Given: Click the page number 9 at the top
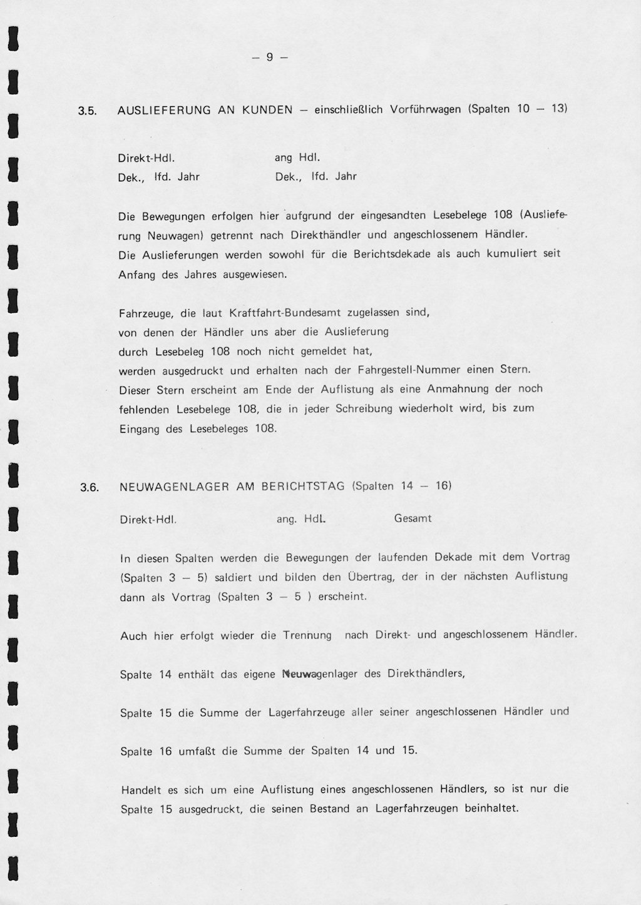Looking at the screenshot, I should click(x=270, y=58).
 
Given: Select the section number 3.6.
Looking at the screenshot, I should click(x=90, y=488).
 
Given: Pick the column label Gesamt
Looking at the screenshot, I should click(x=413, y=518).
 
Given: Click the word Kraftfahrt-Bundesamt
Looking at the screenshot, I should click(x=280, y=312).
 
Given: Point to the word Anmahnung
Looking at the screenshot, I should click(x=458, y=389).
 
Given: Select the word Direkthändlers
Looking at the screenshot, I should click(x=426, y=674).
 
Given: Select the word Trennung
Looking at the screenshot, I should click(x=307, y=635).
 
